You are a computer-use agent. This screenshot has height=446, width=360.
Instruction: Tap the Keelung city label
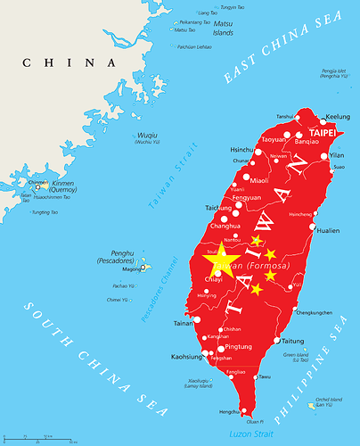tap(339, 117)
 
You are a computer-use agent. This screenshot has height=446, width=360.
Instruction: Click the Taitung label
tap(293, 341)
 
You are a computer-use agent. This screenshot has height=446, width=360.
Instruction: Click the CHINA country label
tap(70, 62)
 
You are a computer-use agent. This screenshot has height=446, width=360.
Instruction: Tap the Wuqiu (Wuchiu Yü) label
tap(147, 138)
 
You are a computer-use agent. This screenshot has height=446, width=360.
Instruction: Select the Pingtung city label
tap(239, 345)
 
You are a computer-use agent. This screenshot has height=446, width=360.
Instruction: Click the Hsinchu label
tap(242, 149)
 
